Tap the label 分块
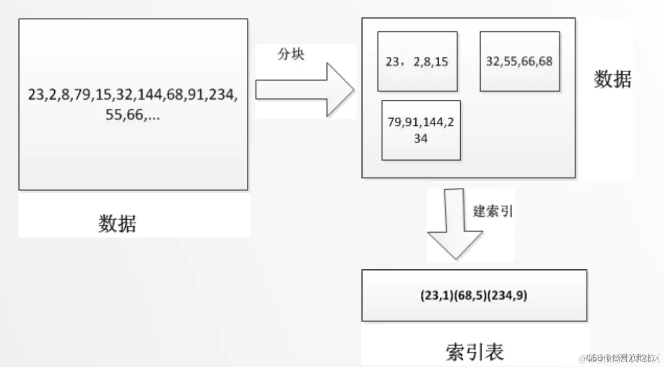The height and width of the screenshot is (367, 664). pos(291,55)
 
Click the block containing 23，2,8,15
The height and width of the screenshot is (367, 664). pos(417,61)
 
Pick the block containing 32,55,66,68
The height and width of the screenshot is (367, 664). pos(520,61)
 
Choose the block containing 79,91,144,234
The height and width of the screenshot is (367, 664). pos(421,131)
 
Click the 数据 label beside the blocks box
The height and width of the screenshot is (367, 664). pos(612,79)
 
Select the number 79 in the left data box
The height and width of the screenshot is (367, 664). pos(82,95)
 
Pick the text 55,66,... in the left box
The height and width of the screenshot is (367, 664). pos(133,116)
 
